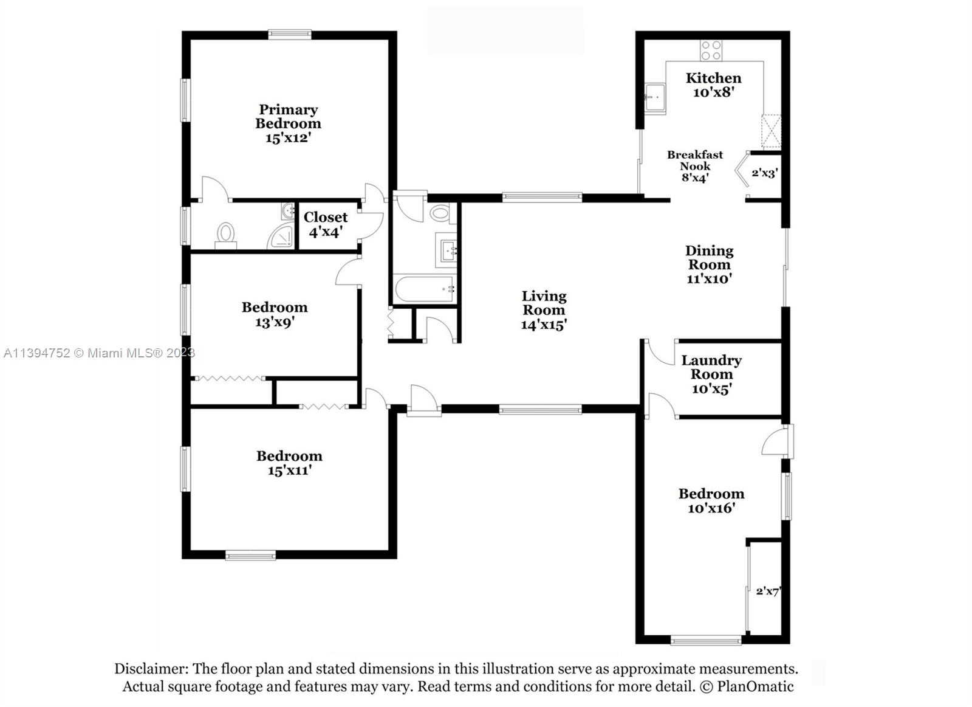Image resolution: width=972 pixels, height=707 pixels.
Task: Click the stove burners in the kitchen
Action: [x=711, y=50]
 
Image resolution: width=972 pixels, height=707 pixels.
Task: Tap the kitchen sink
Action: [x=654, y=97]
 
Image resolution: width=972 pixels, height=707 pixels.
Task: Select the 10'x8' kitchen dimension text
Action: [x=714, y=92]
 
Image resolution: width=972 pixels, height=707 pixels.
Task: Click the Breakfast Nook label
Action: [x=695, y=160]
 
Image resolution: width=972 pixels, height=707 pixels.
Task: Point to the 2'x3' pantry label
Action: [x=764, y=173]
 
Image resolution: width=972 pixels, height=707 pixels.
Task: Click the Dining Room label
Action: [x=709, y=258]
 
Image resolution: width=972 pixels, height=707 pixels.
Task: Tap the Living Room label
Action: [x=544, y=303]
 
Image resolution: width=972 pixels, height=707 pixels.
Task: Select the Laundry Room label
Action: [x=711, y=367]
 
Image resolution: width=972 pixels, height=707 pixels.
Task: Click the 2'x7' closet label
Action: [x=767, y=591]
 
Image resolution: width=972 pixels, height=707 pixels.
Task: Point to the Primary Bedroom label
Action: [x=288, y=116]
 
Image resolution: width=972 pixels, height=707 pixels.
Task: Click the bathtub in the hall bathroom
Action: [x=424, y=289]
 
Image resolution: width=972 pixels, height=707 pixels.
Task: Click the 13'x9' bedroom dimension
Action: [x=275, y=322]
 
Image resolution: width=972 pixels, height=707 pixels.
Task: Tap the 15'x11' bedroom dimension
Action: [x=289, y=471]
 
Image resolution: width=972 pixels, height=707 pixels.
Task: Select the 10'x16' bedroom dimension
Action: [x=711, y=508]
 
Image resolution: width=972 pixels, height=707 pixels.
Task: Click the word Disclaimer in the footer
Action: [x=151, y=669]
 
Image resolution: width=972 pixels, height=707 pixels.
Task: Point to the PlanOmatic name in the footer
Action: [x=755, y=687]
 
